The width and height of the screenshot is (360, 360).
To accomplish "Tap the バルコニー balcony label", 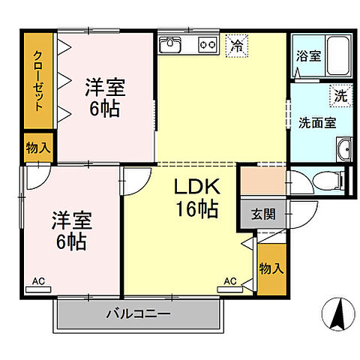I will pyautogui.click(x=138, y=313).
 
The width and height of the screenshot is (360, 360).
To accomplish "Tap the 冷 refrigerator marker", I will pyautogui.click(x=238, y=44).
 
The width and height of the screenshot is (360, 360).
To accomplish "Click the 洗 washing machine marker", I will pyautogui.click(x=341, y=95).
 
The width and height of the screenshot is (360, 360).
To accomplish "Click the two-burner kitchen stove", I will pyautogui.click(x=207, y=45).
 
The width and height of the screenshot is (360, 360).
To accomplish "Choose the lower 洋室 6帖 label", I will pyautogui.click(x=69, y=231).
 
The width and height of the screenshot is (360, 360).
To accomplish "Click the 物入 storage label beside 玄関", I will pyautogui.click(x=271, y=268).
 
